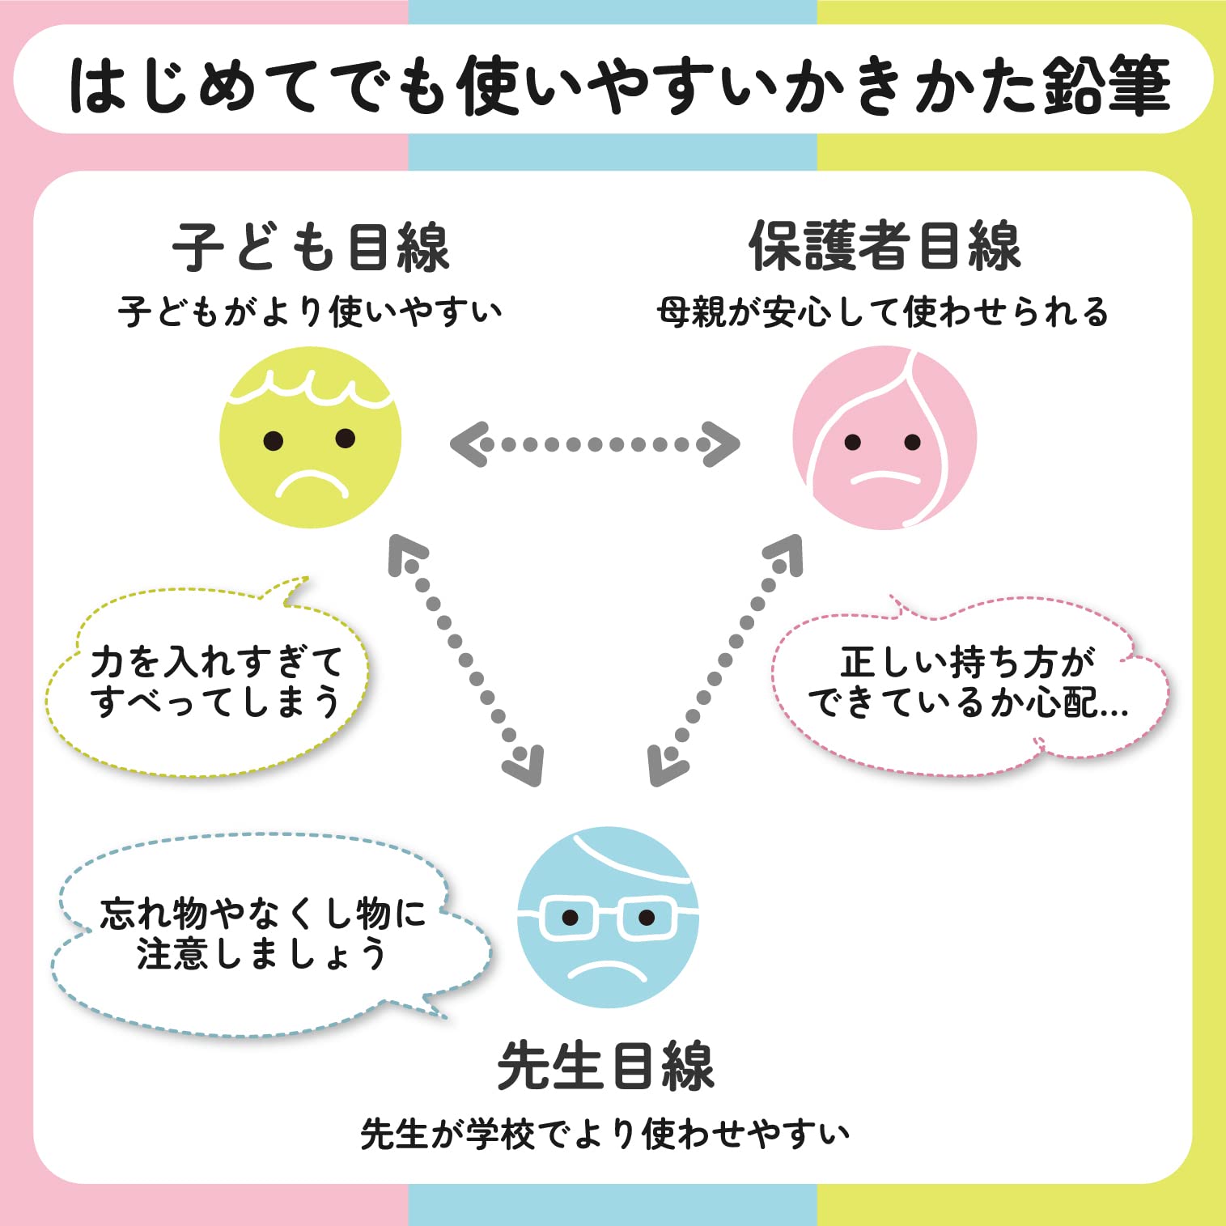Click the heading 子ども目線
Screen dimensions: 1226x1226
pos(311,246)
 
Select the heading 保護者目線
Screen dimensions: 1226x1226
pos(885,246)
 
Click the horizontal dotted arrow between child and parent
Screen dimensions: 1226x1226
pos(595,443)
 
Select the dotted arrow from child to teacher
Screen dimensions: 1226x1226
pos(466,660)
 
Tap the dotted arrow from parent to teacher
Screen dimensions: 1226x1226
pos(725,660)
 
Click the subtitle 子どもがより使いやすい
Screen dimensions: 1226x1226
pos(310,312)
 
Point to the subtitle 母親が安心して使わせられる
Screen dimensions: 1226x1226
pos(883,312)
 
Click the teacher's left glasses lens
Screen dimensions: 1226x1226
pos(570,918)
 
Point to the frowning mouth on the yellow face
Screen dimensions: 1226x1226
pos(311,486)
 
